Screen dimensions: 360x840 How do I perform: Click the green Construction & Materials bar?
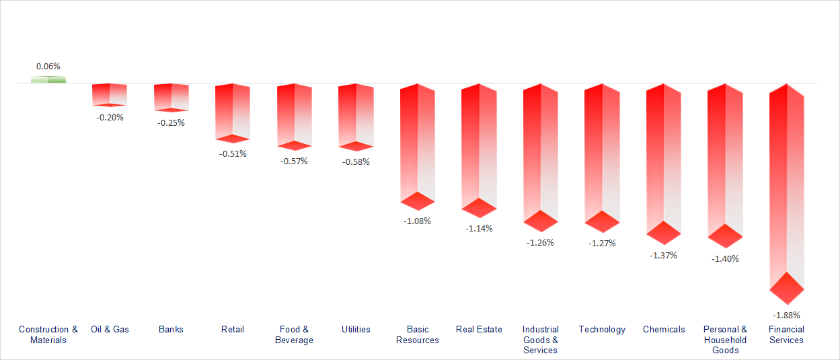click(x=48, y=80)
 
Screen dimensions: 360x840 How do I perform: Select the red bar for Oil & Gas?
click(x=110, y=94)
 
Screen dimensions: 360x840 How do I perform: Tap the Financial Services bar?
click(x=787, y=188)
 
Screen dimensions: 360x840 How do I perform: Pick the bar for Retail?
click(x=233, y=112)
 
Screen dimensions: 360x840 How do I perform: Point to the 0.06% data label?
click(x=48, y=67)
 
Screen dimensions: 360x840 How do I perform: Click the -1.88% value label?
click(x=786, y=315)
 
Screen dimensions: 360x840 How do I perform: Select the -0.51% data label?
click(x=233, y=153)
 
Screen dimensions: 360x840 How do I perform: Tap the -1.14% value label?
click(x=479, y=228)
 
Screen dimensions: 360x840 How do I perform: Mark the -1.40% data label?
click(x=725, y=258)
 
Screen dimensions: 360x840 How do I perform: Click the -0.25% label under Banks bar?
click(x=171, y=122)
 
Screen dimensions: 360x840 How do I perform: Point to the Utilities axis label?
click(x=356, y=329)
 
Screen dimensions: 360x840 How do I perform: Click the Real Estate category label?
click(x=479, y=329)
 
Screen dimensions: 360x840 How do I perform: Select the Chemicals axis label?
click(x=664, y=329)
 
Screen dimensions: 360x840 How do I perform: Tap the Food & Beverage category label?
click(x=294, y=334)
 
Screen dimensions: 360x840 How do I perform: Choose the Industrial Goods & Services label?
click(x=541, y=340)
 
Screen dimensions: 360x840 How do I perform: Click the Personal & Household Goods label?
click(x=725, y=340)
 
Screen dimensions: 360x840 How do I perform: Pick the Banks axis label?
click(x=171, y=329)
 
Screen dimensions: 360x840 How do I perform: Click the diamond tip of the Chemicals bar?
click(x=664, y=233)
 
